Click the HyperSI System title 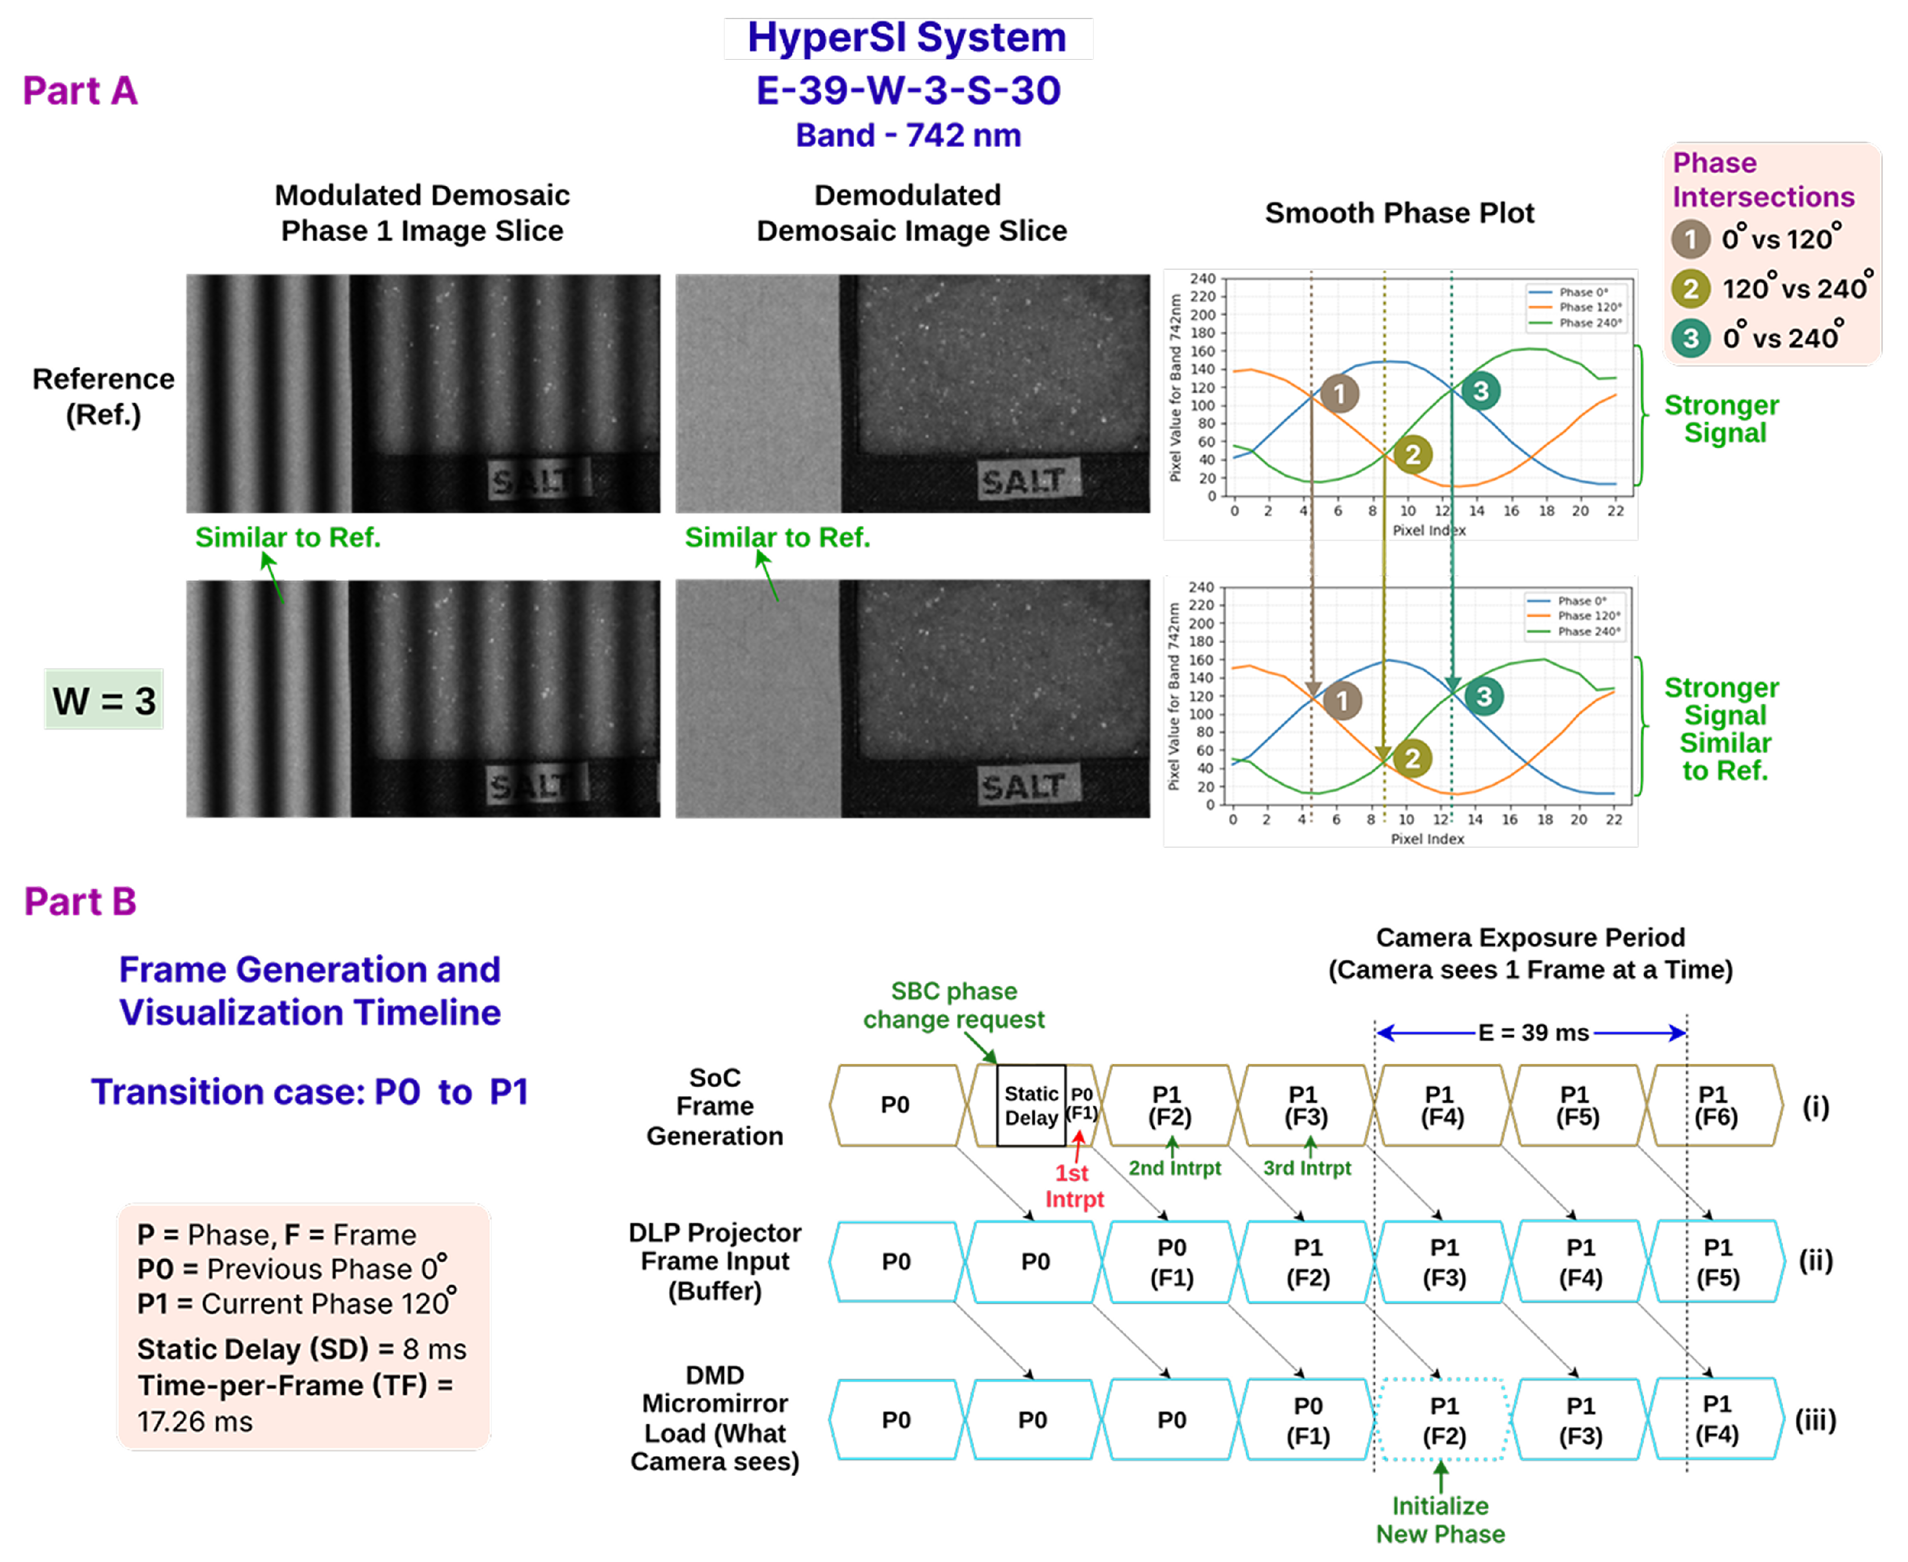tap(907, 38)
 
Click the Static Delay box tap(1031, 1105)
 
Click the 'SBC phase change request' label tap(954, 1005)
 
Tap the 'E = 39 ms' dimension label tap(1533, 1032)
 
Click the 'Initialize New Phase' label tap(1440, 1520)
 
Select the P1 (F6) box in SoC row tap(1715, 1105)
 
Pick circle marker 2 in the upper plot tap(1412, 454)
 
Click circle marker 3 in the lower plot tap(1483, 696)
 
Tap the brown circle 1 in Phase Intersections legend tap(1690, 239)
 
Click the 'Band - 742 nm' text tap(908, 135)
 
